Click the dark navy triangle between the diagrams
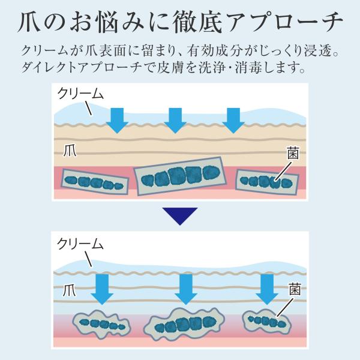[x=179, y=215]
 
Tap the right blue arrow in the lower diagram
[x=268, y=289]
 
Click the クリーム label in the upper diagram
[x=81, y=94]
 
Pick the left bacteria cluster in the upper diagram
[x=96, y=182]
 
